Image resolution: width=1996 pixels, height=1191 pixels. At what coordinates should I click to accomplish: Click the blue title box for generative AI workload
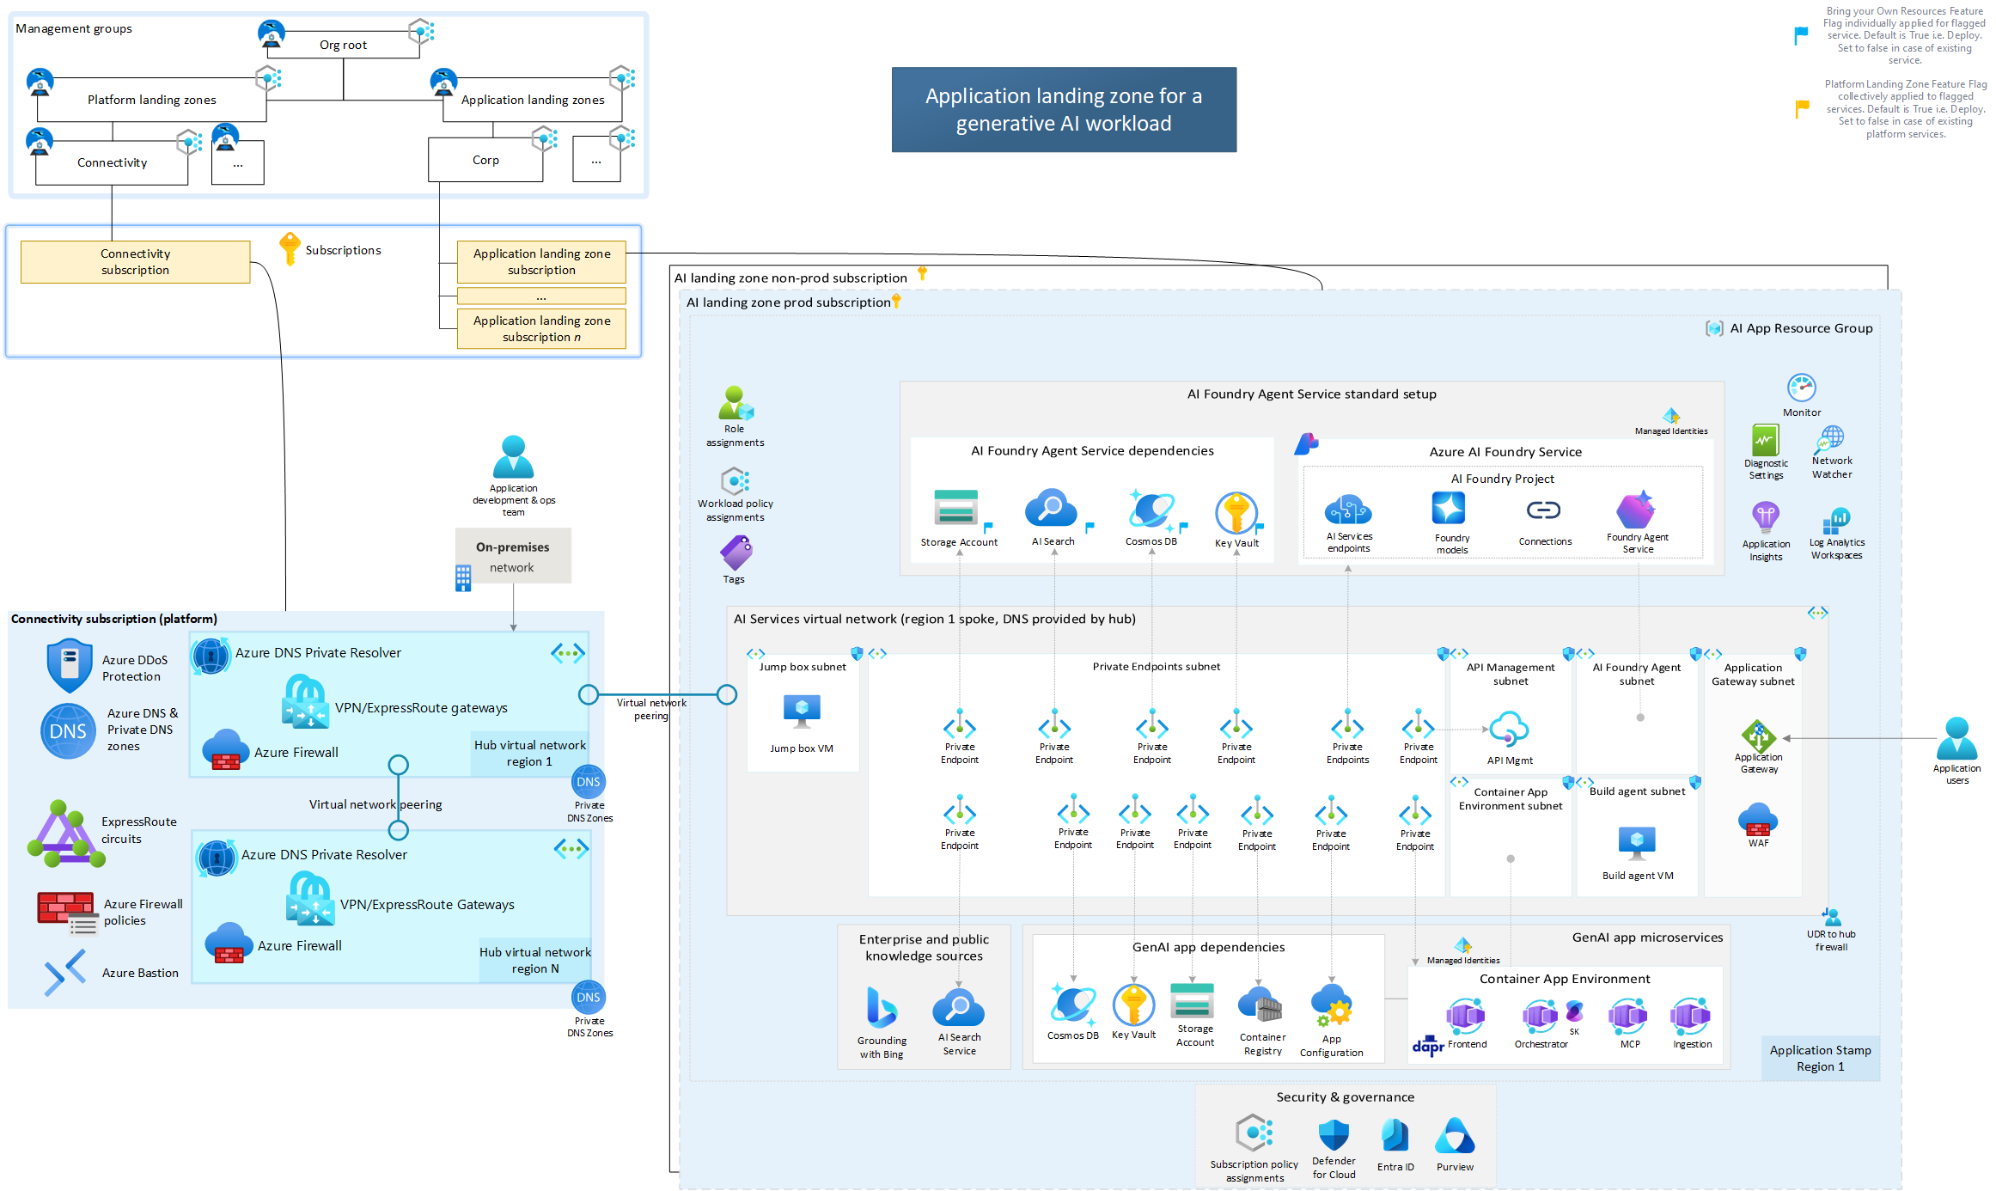click(1063, 109)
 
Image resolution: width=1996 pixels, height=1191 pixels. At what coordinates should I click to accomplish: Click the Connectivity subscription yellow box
click(135, 261)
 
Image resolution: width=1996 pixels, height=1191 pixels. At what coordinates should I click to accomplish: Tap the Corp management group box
click(485, 160)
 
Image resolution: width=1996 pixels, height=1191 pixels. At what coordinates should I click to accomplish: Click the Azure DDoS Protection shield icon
click(69, 665)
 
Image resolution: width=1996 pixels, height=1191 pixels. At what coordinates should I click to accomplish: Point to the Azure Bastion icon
click(65, 972)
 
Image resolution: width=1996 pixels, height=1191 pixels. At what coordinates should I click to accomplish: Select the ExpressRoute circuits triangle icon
click(65, 833)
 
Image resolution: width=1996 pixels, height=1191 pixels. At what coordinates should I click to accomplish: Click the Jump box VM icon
click(802, 712)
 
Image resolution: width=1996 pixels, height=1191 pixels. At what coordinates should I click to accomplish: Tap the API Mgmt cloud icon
click(1509, 730)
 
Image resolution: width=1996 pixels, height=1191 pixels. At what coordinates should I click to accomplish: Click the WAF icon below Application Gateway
click(1758, 820)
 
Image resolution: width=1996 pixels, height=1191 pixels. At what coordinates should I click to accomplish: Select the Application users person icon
click(1956, 738)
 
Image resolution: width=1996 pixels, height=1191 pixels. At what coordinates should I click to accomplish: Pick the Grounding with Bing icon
click(882, 1007)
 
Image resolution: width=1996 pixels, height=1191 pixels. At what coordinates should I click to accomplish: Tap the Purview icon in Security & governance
click(1454, 1136)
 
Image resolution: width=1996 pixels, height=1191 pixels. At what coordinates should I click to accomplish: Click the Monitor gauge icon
click(1801, 388)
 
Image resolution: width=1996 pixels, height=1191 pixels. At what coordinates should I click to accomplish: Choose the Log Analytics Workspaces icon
click(1836, 520)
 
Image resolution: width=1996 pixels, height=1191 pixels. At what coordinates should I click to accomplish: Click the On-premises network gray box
click(513, 556)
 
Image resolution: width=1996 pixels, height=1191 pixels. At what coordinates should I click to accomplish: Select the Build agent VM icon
click(1636, 843)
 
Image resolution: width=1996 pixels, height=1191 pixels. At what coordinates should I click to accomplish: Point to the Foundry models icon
click(1449, 509)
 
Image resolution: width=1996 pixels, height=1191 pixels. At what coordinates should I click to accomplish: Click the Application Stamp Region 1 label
click(1820, 1058)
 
